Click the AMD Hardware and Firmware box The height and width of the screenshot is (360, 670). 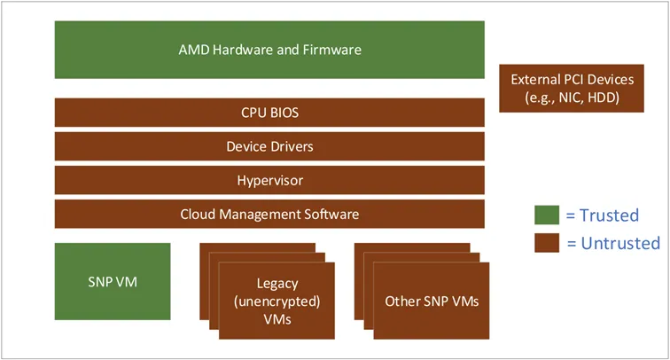click(269, 50)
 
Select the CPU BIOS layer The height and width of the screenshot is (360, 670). click(269, 113)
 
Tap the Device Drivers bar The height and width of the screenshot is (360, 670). click(269, 146)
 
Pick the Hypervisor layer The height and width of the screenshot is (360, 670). click(269, 180)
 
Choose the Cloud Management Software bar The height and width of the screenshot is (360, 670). click(269, 214)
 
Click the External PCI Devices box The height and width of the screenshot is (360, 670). click(573, 88)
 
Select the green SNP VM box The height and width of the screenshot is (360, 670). click(113, 282)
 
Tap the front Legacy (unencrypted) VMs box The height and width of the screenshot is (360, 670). click(277, 301)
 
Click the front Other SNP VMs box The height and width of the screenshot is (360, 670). click(432, 301)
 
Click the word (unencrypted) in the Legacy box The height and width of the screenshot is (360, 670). click(277, 301)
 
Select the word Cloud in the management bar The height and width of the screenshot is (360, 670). click(198, 214)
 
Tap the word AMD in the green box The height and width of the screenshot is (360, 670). click(193, 50)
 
